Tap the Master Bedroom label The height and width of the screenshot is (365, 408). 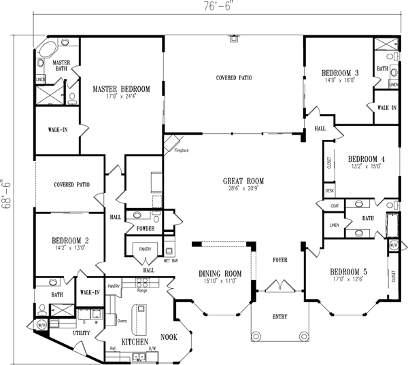pyautogui.click(x=122, y=88)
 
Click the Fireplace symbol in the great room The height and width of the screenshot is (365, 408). pyautogui.click(x=170, y=144)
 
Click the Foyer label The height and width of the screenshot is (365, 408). pyautogui.click(x=280, y=259)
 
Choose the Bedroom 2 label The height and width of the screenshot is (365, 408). pyautogui.click(x=71, y=240)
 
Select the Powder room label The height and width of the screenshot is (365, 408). pyautogui.click(x=146, y=228)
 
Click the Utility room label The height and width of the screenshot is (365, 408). pyautogui.click(x=81, y=334)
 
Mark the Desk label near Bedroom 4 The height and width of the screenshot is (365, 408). pyautogui.click(x=330, y=192)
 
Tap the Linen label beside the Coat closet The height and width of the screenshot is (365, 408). pyautogui.click(x=334, y=224)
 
